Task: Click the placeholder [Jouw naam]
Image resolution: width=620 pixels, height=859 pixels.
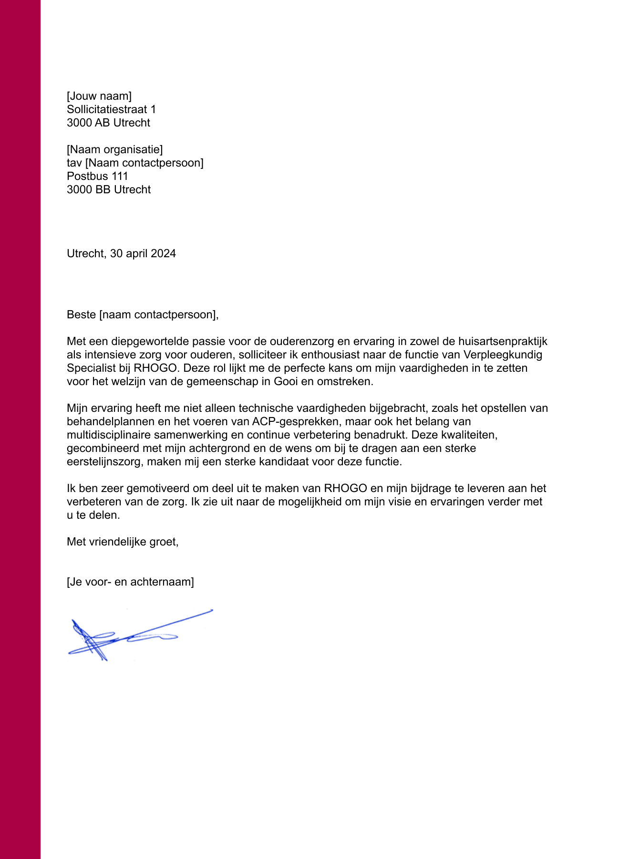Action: click(x=99, y=96)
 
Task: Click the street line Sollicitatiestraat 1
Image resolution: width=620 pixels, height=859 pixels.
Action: click(x=111, y=109)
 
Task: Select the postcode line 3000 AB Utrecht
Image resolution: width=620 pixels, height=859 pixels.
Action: click(x=108, y=123)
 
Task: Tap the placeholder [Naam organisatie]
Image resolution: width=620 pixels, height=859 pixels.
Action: click(x=114, y=149)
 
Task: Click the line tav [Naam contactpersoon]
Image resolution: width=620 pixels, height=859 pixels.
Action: click(x=135, y=163)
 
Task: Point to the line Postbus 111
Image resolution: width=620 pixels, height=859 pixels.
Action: click(x=97, y=176)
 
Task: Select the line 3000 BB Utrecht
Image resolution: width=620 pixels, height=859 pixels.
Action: click(x=109, y=189)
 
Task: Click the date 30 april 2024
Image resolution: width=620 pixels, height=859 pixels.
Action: click(x=143, y=253)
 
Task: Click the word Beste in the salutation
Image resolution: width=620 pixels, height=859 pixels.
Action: click(x=81, y=314)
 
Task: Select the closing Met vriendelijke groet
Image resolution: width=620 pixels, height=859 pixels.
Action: click(x=122, y=542)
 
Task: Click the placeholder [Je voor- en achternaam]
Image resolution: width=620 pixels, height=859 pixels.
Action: click(x=130, y=582)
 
